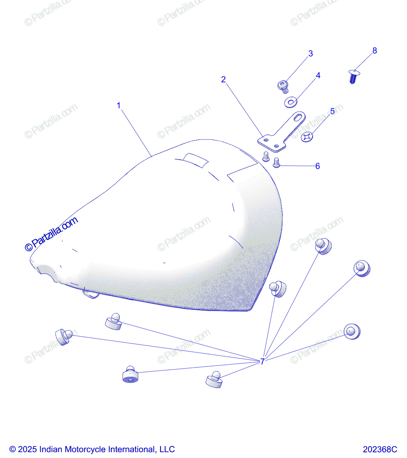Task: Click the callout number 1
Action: [119, 106]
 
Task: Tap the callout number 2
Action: [223, 79]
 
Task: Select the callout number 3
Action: [311, 53]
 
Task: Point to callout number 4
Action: [318, 76]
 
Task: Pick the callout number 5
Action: [333, 111]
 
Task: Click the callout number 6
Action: [318, 166]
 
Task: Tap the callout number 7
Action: [262, 361]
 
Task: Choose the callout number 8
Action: [375, 51]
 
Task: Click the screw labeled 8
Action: [354, 76]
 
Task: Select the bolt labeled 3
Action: [283, 87]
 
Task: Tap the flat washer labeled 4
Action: [291, 102]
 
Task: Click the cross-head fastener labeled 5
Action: [307, 137]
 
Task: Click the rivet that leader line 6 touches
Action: [276, 163]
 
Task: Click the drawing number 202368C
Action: [380, 449]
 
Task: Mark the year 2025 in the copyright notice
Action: [27, 449]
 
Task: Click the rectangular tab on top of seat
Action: [196, 160]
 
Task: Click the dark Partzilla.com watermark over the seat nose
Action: [51, 234]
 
